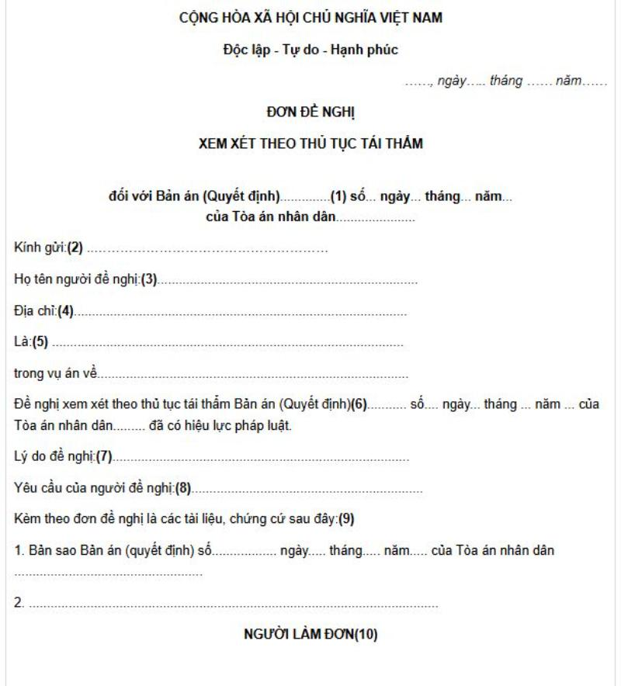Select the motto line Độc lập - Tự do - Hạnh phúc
pyautogui.click(x=310, y=51)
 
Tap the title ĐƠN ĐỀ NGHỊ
pyautogui.click(x=310, y=113)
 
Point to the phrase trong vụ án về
pyautogui.click(x=55, y=373)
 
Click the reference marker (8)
pyautogui.click(x=182, y=489)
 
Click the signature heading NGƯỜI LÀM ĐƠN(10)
pyautogui.click(x=310, y=634)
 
